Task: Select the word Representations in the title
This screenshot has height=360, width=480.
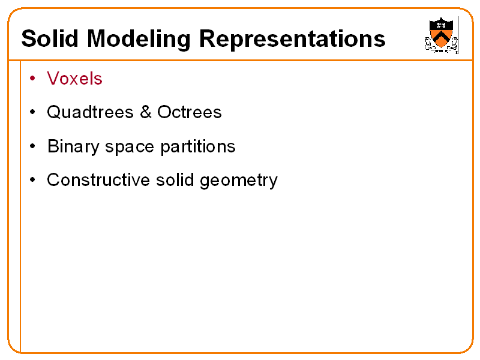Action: pos(292,40)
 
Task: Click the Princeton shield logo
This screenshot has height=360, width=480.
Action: pos(441,34)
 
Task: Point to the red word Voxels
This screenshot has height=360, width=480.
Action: pos(74,79)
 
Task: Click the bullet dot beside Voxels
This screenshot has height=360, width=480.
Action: pos(33,79)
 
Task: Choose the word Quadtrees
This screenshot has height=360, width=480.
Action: pos(90,112)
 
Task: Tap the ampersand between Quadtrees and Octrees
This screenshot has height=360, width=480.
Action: pos(145,112)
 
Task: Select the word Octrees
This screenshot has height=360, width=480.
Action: pos(190,112)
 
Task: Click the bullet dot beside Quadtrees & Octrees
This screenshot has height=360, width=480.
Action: pos(33,112)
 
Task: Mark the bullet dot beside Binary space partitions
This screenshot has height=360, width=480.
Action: pos(33,146)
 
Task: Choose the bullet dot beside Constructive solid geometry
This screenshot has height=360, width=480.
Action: pos(33,180)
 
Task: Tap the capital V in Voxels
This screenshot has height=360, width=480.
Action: pos(52,79)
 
